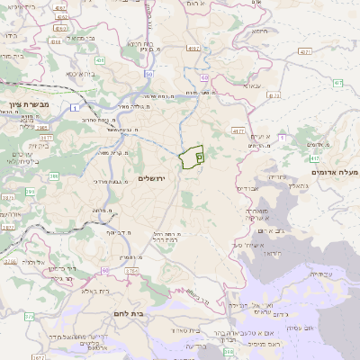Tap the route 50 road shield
point(148,74)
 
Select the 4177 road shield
point(238,130)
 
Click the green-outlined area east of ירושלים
point(191,157)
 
